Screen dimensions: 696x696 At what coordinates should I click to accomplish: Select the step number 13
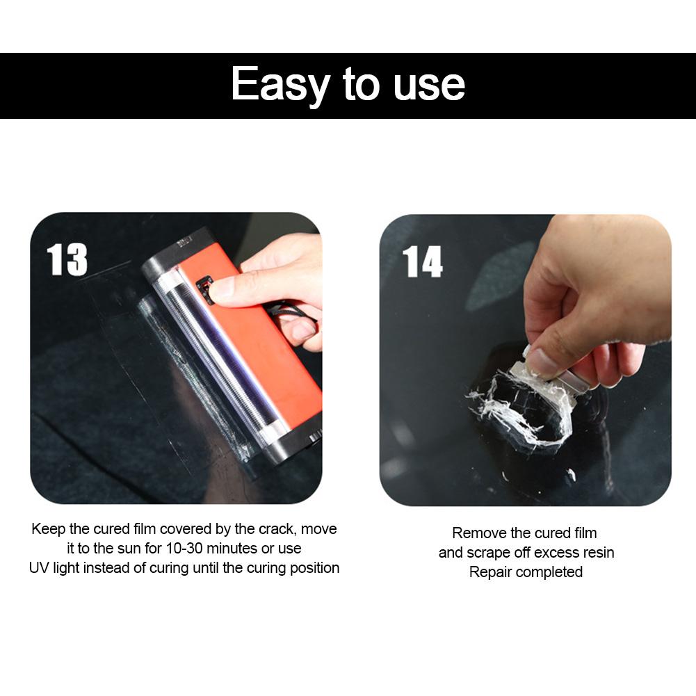coord(67,260)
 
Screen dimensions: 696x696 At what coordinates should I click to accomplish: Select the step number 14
coord(422,262)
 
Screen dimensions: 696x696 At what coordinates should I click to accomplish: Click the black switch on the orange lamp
coord(204,288)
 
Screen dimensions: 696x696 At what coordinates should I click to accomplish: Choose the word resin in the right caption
coord(596,553)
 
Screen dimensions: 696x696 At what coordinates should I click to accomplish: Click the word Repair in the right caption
coord(490,572)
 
